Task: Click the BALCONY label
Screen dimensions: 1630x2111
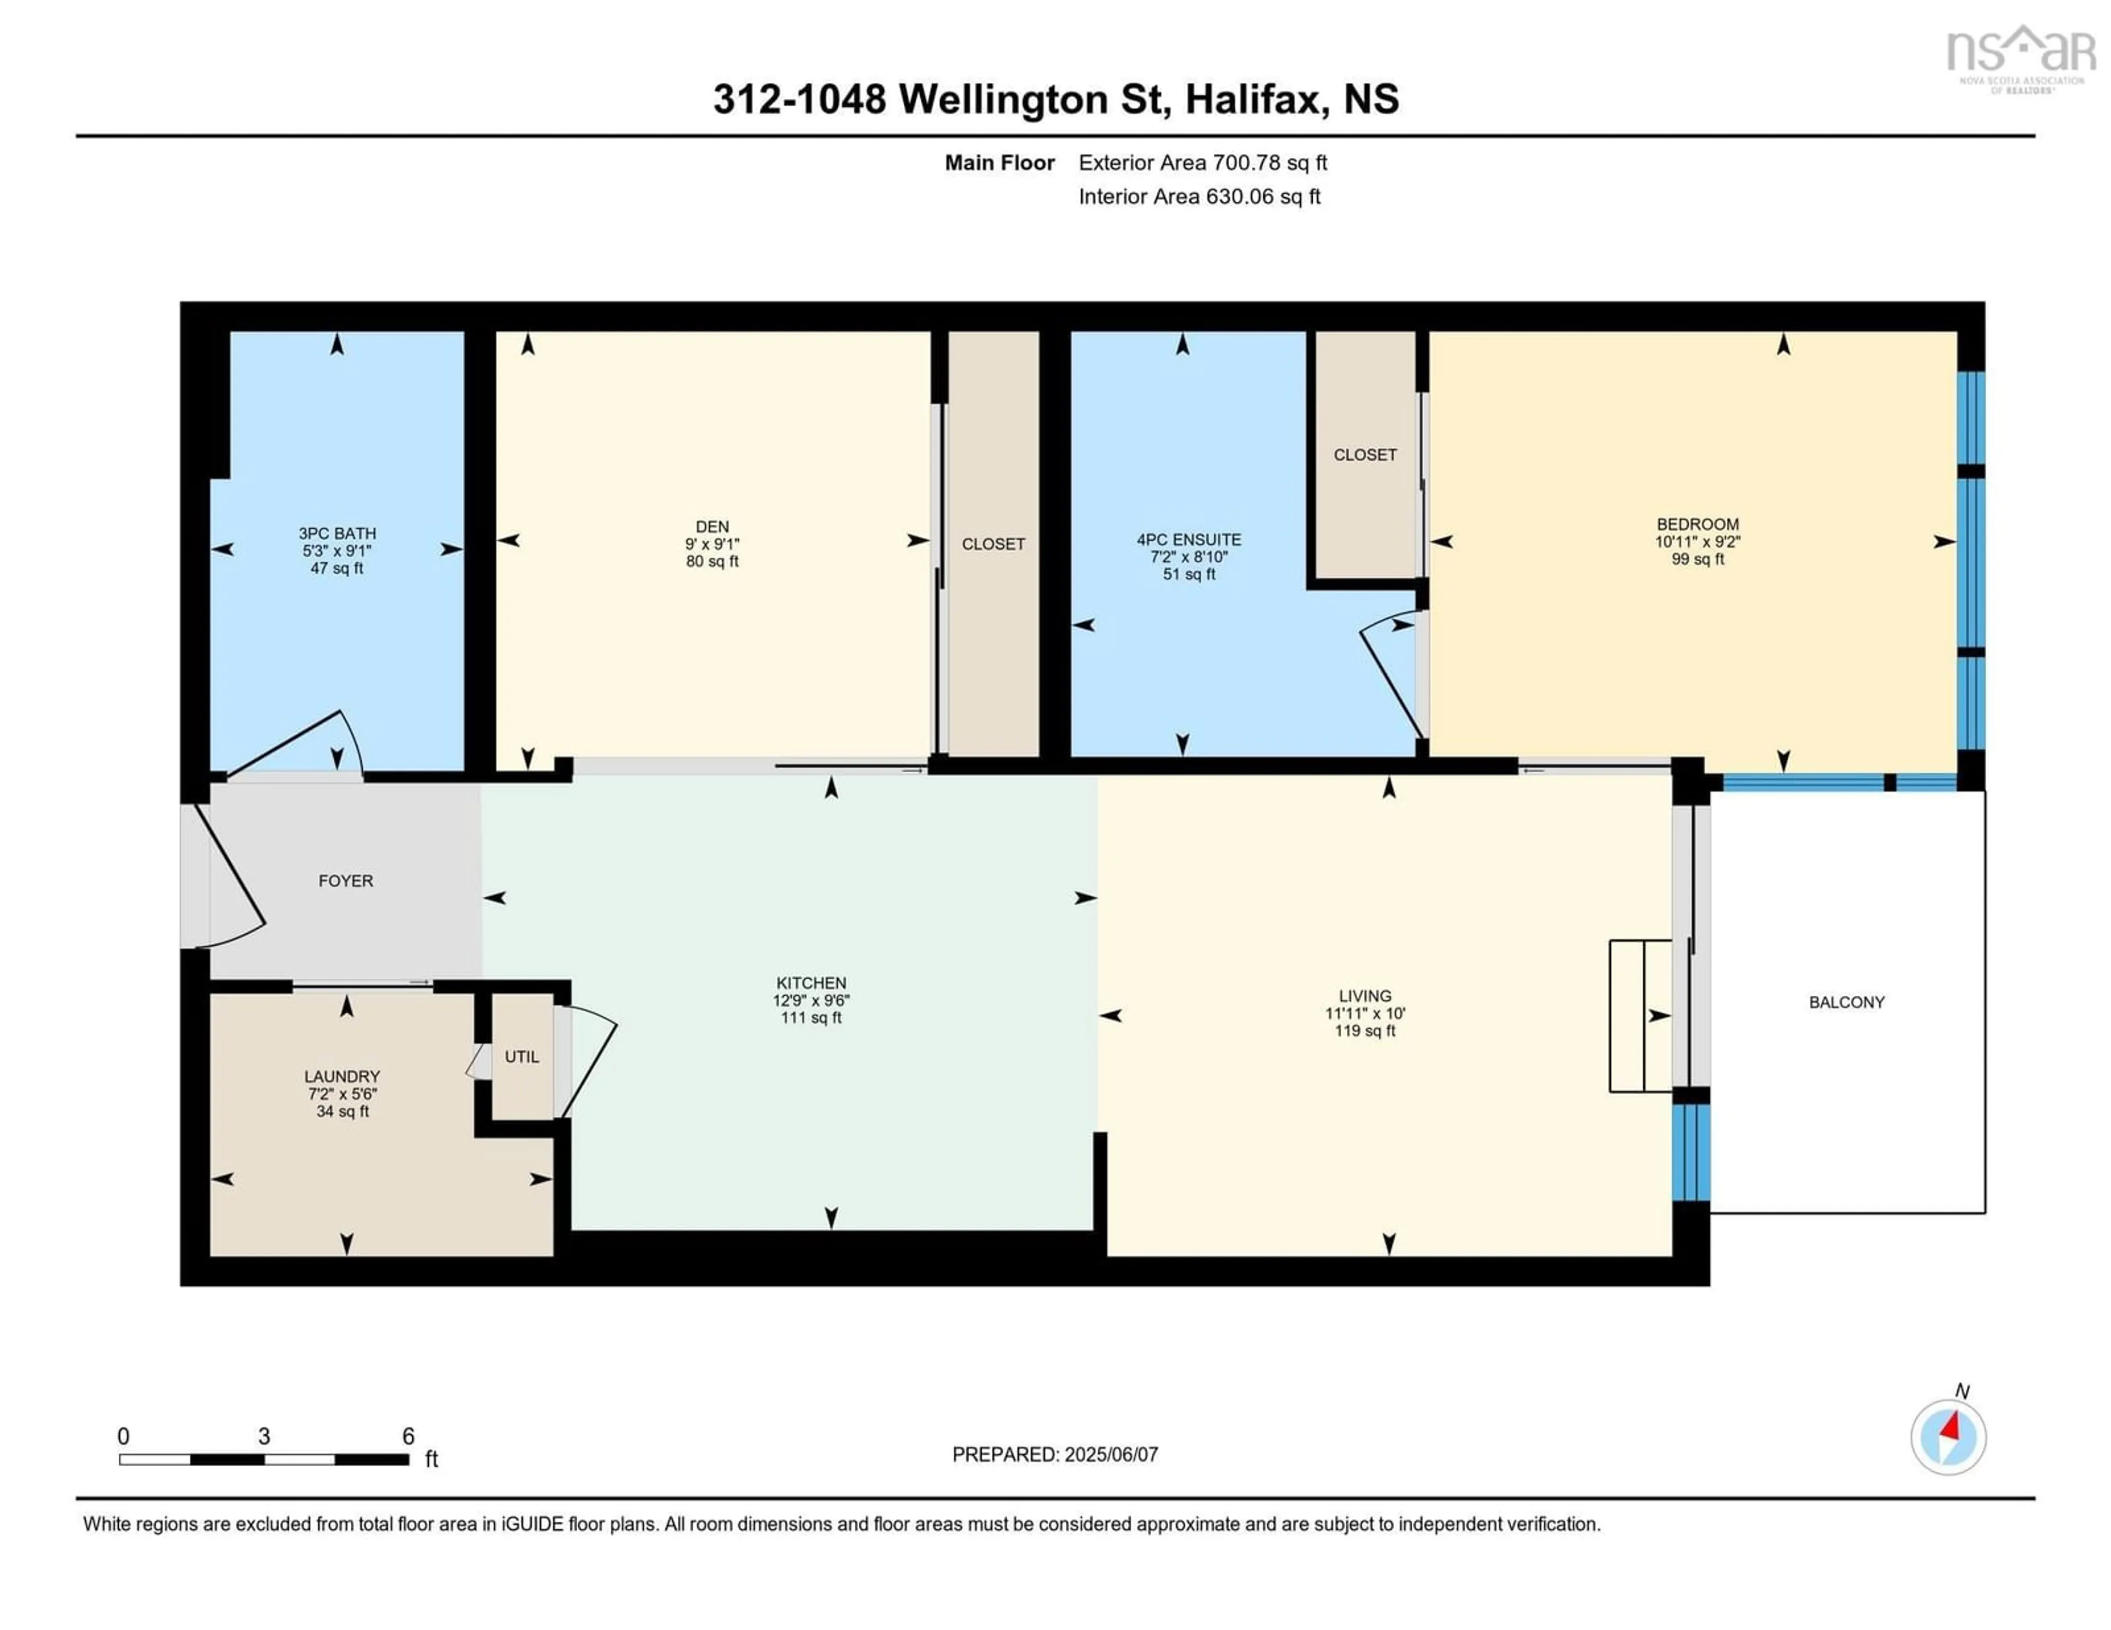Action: (1846, 1002)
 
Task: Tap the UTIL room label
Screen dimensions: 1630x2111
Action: (522, 1056)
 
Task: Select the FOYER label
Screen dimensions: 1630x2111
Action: (345, 880)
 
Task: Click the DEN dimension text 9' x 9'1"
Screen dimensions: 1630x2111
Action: (712, 544)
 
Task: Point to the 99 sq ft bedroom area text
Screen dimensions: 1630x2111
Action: (1697, 558)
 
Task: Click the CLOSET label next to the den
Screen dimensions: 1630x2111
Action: (993, 544)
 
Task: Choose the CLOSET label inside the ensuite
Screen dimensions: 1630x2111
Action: (1365, 454)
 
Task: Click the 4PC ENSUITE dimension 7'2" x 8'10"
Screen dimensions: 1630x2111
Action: (1189, 557)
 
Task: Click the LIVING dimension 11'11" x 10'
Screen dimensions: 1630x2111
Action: (1365, 1013)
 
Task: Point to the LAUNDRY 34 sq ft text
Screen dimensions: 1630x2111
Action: (342, 1111)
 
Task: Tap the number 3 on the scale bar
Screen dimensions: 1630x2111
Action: (264, 1436)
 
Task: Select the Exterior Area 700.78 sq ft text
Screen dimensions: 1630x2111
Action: (1202, 162)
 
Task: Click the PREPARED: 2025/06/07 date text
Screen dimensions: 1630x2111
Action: (1054, 1454)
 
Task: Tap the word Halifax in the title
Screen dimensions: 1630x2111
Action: (1253, 98)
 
